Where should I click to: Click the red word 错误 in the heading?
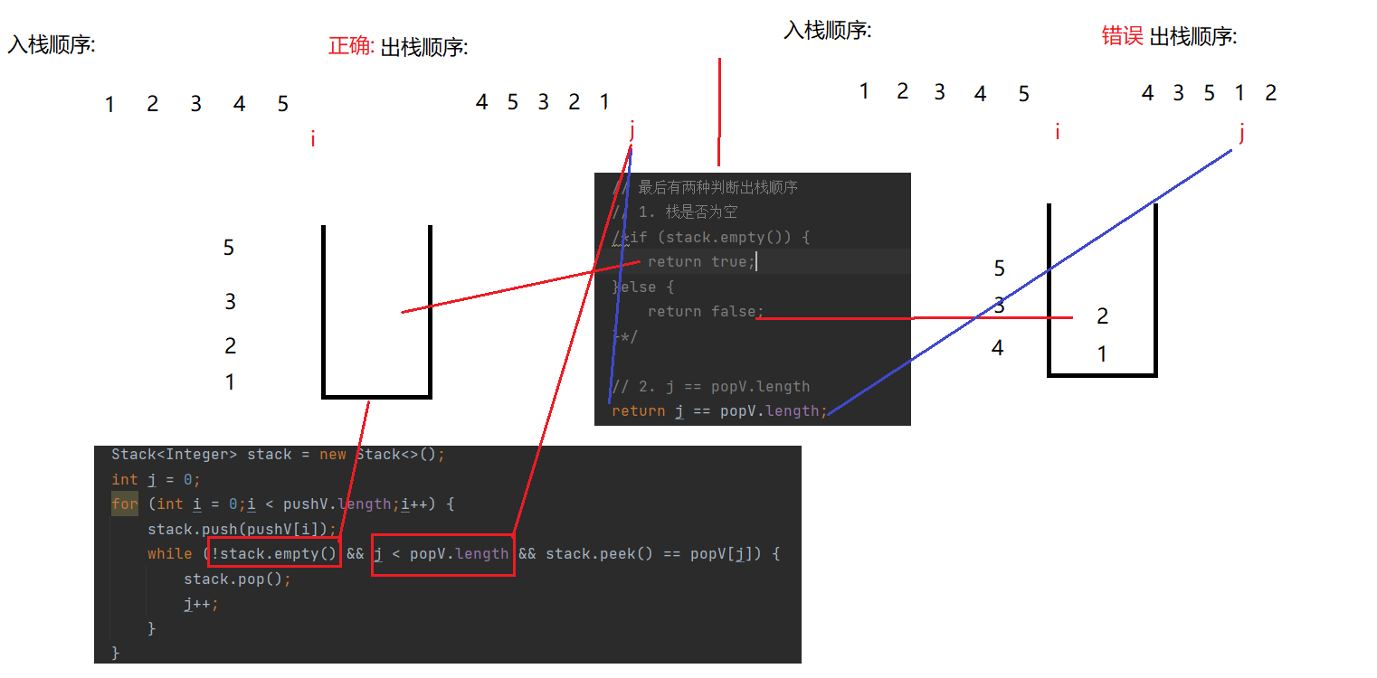(1123, 36)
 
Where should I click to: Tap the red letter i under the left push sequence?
(313, 139)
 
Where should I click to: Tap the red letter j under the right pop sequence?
(1242, 134)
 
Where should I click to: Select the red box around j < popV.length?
(442, 553)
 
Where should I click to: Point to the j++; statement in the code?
(201, 603)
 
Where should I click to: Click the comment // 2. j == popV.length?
(711, 386)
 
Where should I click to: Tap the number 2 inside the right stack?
(1102, 316)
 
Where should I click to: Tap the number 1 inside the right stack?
(1102, 354)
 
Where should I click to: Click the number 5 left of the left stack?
(229, 247)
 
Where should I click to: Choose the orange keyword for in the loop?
(125, 504)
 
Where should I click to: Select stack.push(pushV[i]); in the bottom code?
(242, 529)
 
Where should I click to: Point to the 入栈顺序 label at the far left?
(52, 44)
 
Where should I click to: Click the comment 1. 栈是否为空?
(688, 212)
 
